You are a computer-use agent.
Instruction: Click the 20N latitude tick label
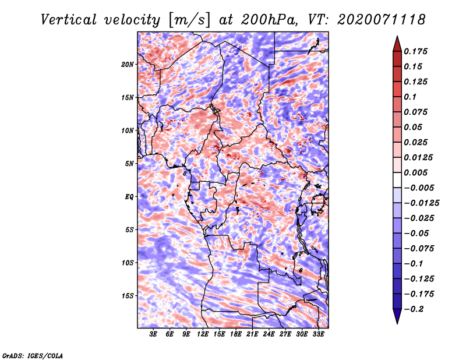(128, 65)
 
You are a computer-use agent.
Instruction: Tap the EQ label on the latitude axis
(129, 197)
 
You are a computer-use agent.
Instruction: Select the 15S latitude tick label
(128, 296)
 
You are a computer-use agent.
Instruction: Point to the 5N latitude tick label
(129, 164)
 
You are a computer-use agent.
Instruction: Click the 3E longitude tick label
(153, 334)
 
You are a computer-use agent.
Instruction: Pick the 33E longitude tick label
(318, 334)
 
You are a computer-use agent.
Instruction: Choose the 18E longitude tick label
(236, 334)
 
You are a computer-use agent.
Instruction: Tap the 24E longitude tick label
(269, 334)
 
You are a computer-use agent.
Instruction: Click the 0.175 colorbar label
(415, 51)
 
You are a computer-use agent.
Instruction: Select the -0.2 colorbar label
(414, 309)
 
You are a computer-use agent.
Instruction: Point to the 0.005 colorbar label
(415, 172)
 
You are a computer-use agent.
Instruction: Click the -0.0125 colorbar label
(421, 203)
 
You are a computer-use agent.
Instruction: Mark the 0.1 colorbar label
(410, 97)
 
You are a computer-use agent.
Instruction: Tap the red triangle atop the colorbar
(397, 44)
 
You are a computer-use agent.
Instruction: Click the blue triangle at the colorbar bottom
(397, 316)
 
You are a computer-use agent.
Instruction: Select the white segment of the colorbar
(397, 180)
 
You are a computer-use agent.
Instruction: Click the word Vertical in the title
(68, 20)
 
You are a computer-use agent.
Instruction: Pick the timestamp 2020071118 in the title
(382, 20)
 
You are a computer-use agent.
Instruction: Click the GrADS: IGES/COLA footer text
(33, 356)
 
